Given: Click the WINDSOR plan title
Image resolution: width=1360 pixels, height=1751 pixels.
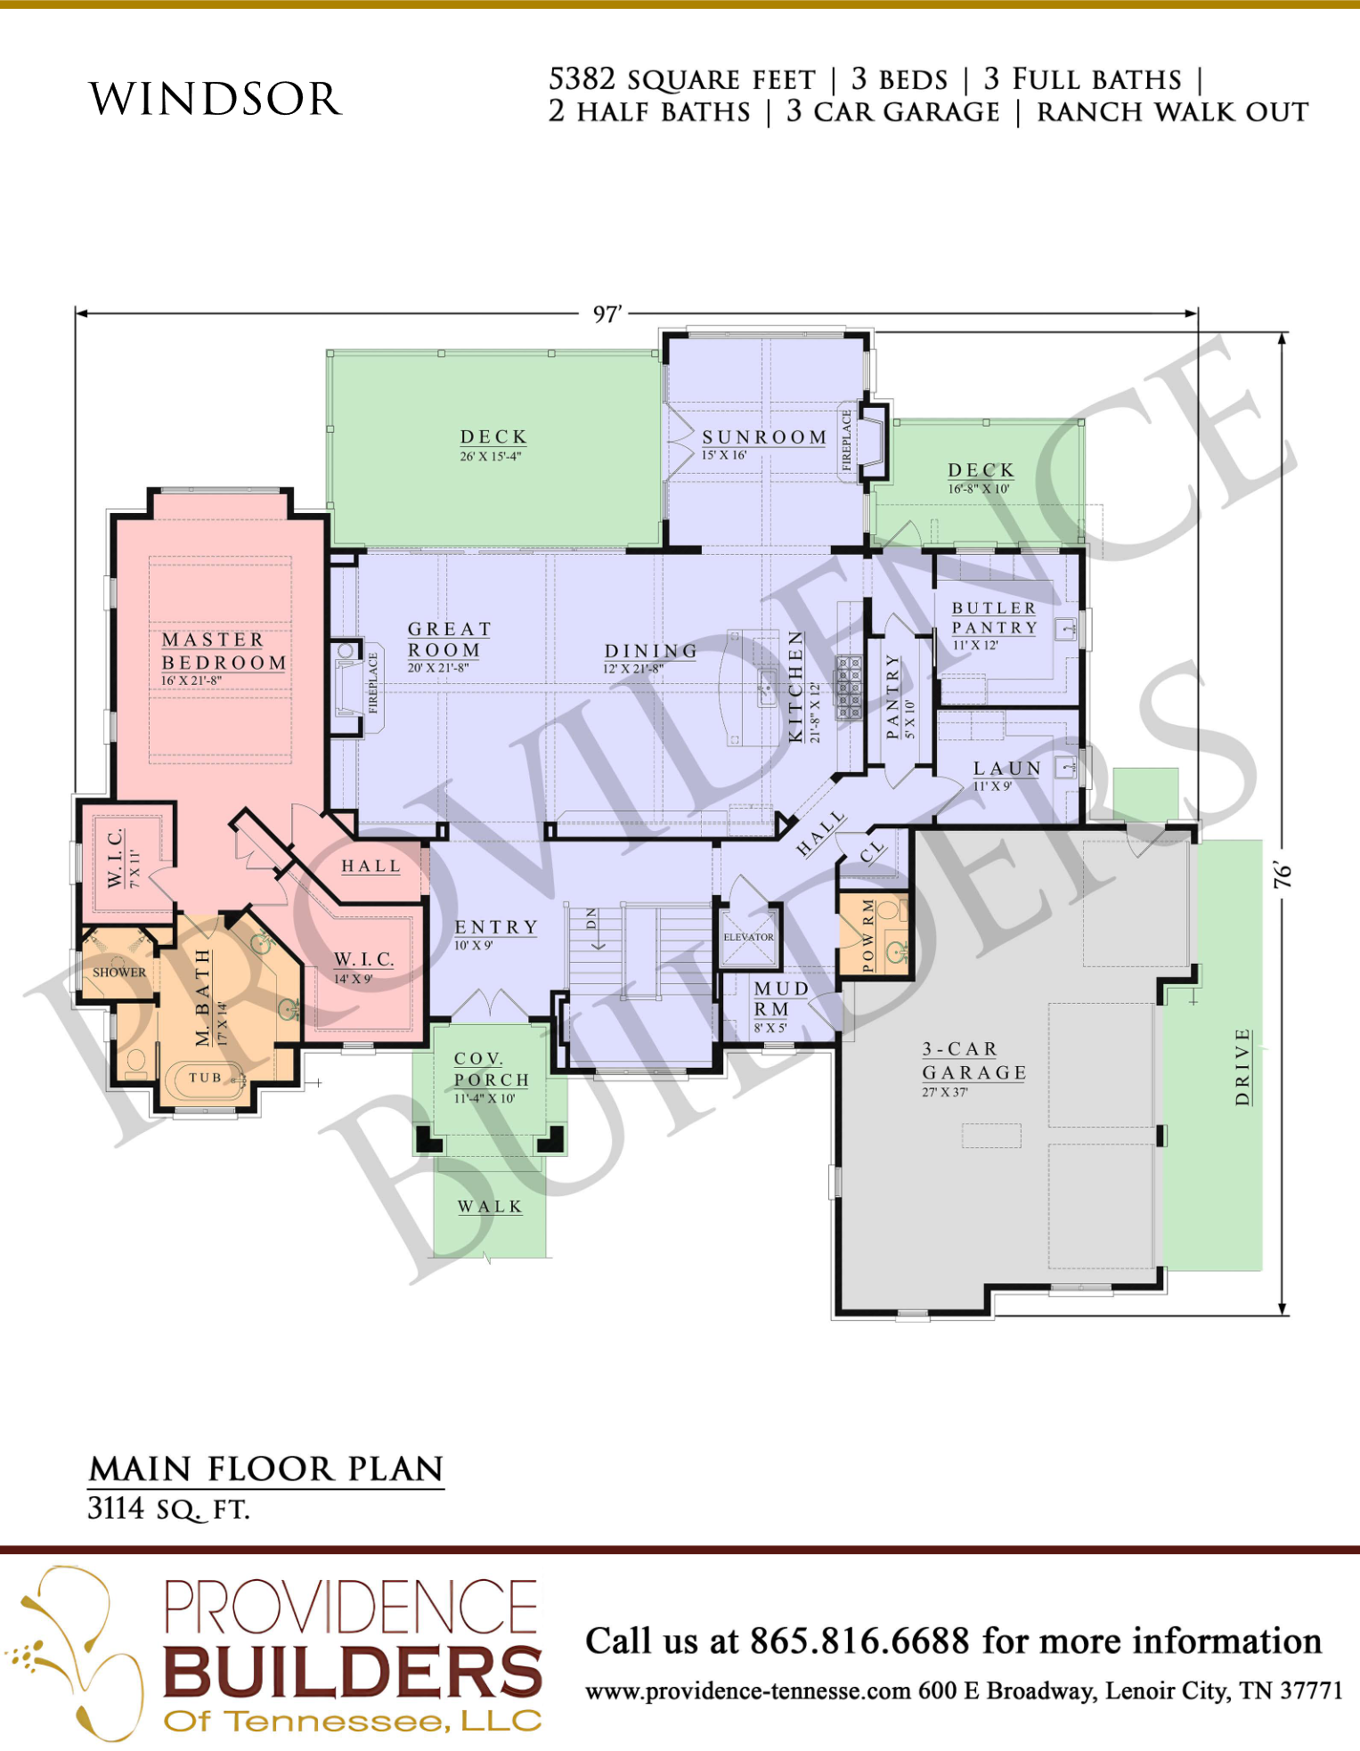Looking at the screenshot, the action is (x=216, y=98).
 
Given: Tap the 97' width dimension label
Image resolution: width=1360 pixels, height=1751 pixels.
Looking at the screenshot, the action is (x=607, y=314).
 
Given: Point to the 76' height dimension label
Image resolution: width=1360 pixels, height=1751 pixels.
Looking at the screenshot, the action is (x=1283, y=875).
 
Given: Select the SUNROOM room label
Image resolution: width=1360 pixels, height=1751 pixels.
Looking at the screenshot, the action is (x=764, y=437).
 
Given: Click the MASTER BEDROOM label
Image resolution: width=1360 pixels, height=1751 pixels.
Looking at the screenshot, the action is (x=224, y=651).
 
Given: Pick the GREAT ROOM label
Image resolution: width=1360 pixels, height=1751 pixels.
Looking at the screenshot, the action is (x=449, y=639).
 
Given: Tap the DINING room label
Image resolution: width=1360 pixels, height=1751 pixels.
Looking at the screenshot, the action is (x=650, y=651).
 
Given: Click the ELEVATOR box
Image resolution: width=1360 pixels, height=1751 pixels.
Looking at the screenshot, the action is (x=749, y=936).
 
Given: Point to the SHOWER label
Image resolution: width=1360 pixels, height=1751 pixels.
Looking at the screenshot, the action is (x=119, y=973).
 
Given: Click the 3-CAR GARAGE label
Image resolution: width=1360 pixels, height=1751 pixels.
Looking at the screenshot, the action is (x=974, y=1061).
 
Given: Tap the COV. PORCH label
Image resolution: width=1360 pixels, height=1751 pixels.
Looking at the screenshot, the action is (x=492, y=1069).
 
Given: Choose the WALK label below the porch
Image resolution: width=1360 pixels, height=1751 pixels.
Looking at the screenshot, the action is (x=490, y=1207).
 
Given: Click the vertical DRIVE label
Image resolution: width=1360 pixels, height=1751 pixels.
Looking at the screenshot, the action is (x=1242, y=1067).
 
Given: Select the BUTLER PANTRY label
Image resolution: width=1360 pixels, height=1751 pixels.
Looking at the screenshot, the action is (x=995, y=617).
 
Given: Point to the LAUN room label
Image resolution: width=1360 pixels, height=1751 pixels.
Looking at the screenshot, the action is (x=1007, y=769).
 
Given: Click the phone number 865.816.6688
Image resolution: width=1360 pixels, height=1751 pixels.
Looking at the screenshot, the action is (x=859, y=1641).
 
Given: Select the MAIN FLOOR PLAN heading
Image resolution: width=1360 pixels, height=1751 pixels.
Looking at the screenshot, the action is (x=265, y=1469).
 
